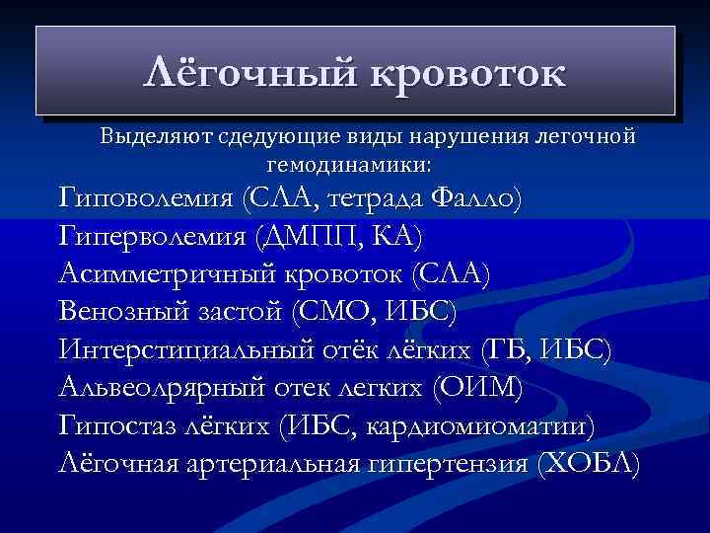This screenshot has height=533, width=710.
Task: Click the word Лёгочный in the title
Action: tap(250, 73)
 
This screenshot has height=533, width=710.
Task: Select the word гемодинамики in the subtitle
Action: tap(349, 161)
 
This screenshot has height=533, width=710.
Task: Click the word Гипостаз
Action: tap(116, 425)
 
